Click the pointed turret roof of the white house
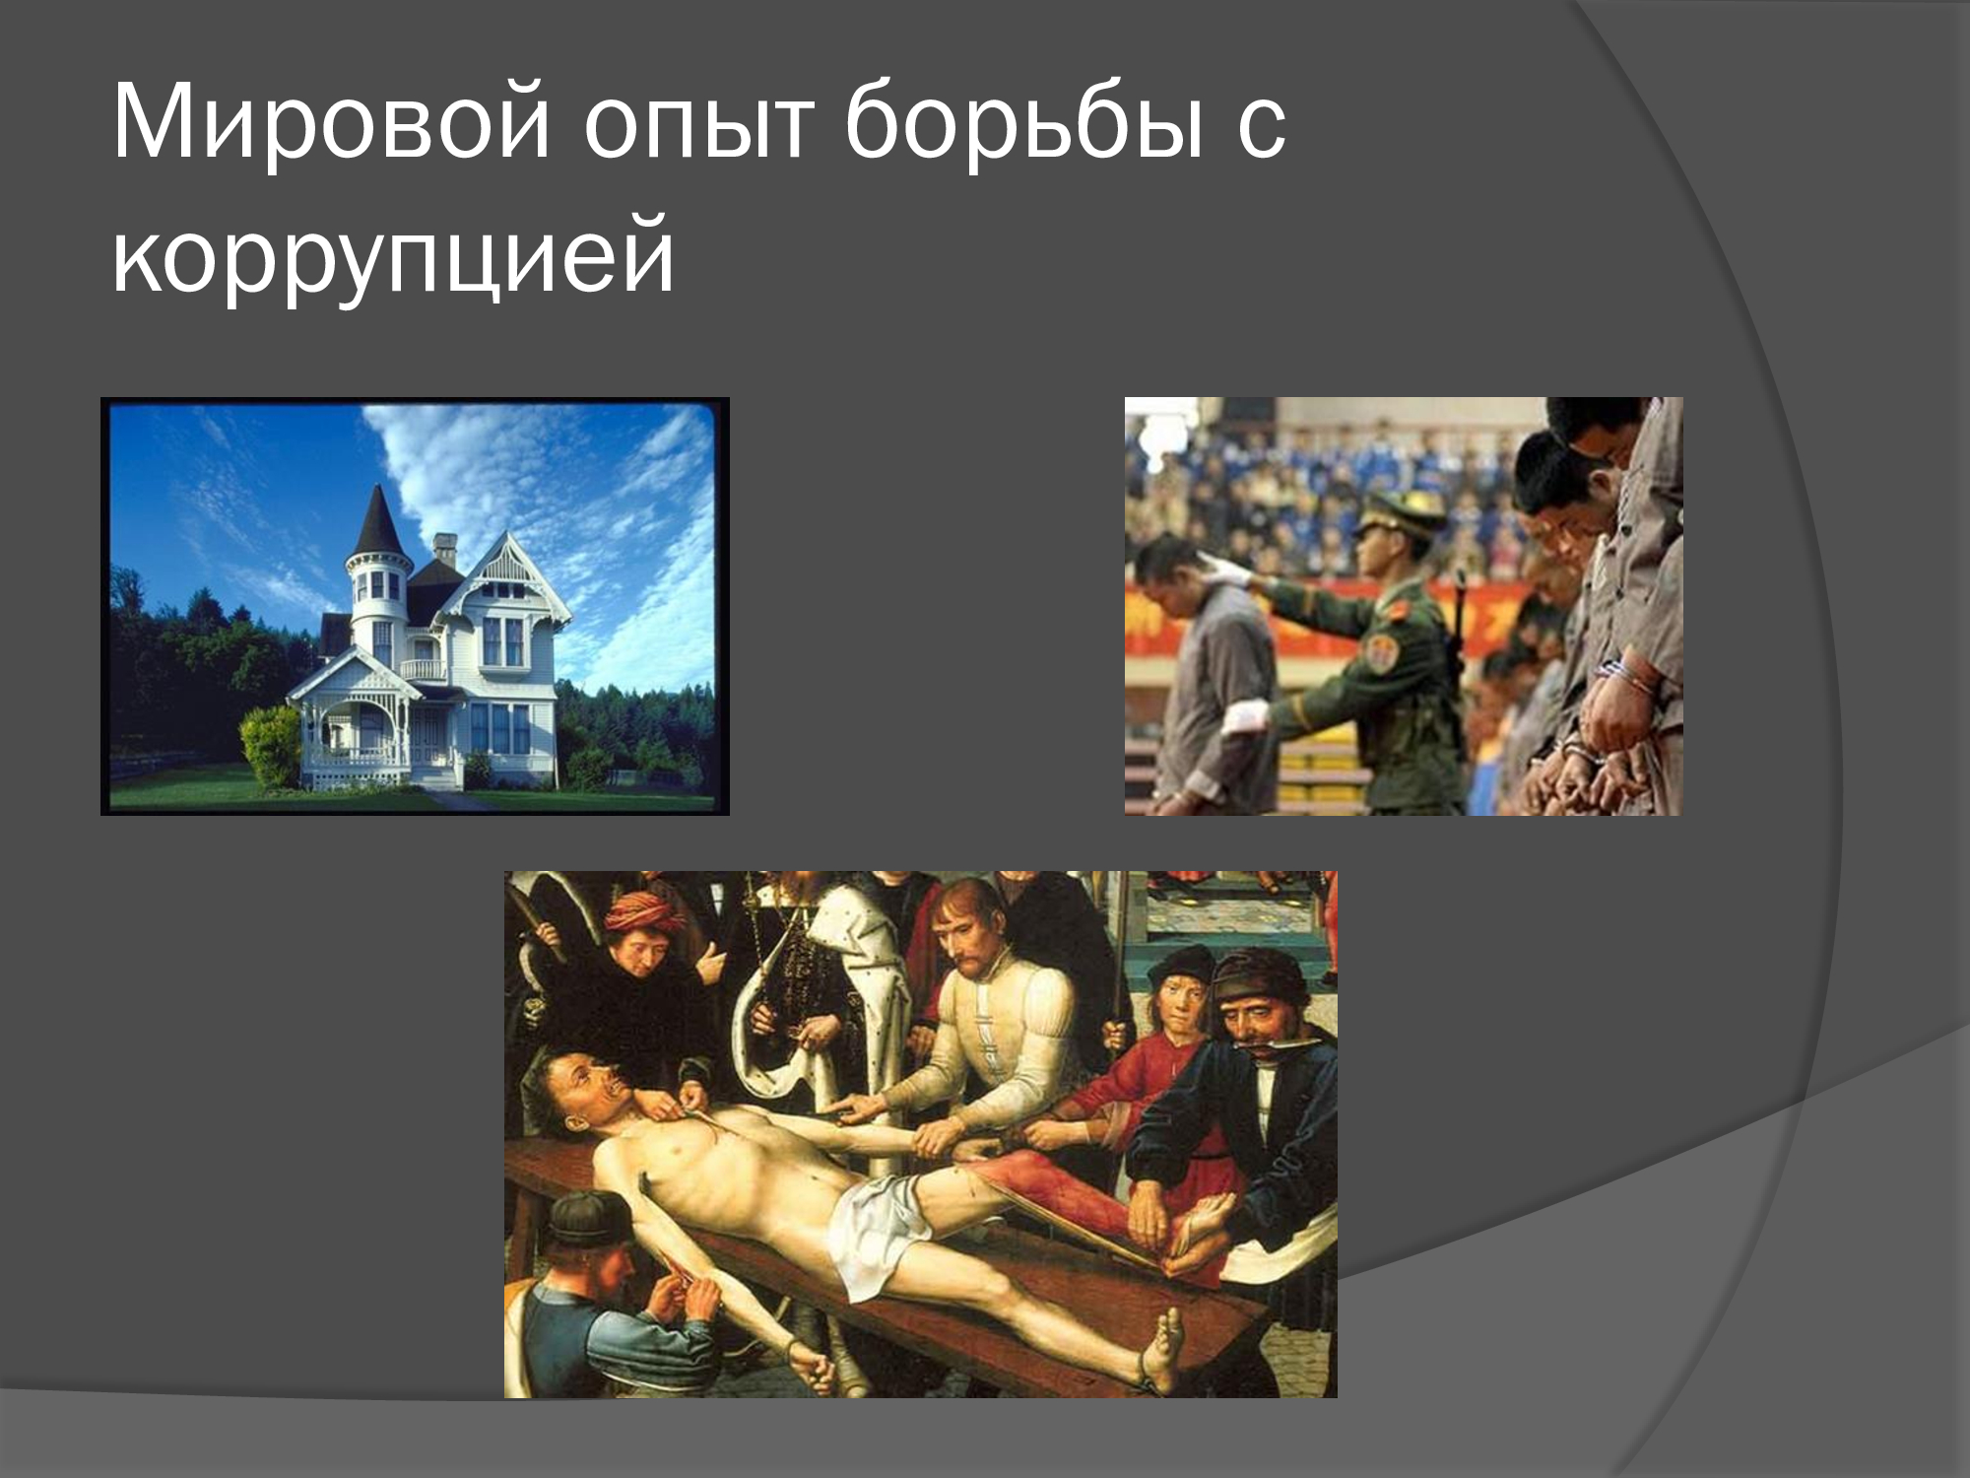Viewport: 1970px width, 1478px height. pos(376,519)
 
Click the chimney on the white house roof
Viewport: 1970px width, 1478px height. pos(445,548)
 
